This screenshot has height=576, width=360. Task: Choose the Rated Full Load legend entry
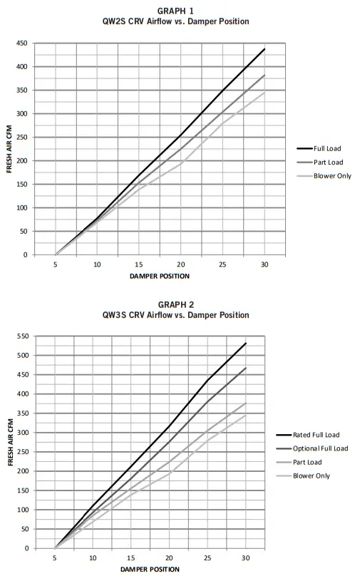(315, 434)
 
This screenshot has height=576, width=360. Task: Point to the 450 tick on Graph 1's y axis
(22, 43)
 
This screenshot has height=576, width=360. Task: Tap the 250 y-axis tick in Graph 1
(22, 138)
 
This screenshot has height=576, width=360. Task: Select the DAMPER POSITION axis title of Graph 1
(160, 275)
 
